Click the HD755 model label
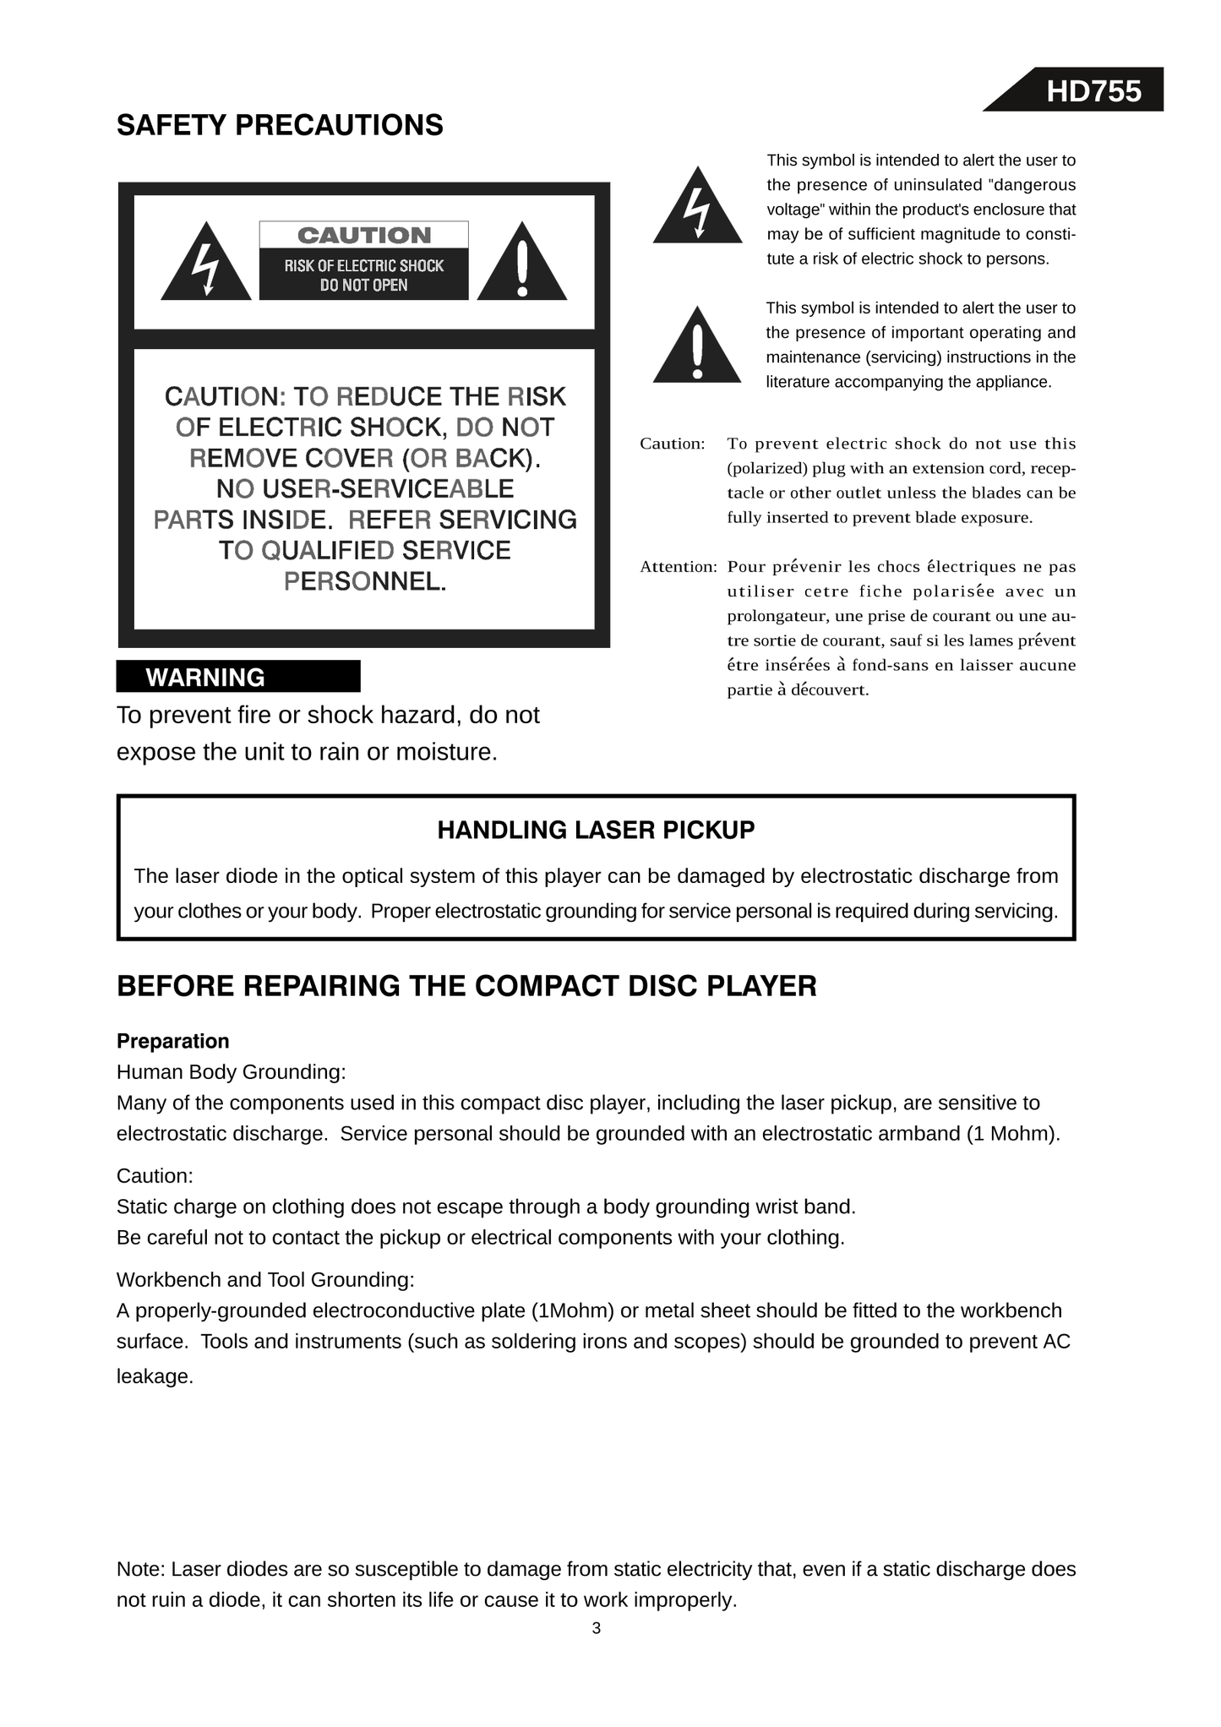[1093, 91]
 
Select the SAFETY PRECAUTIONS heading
[280, 125]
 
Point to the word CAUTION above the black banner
[364, 235]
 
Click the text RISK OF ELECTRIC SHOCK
[364, 266]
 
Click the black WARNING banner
[238, 677]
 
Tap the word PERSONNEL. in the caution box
[364, 581]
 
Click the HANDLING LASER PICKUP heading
[596, 831]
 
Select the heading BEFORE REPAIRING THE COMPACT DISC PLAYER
[466, 986]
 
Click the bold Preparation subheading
[173, 1041]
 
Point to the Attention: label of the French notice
[678, 567]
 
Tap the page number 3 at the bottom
[597, 1628]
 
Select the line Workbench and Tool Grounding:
[265, 1280]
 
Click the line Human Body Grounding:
[232, 1072]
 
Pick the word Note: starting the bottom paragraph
[141, 1570]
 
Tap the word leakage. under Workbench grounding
[155, 1376]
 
